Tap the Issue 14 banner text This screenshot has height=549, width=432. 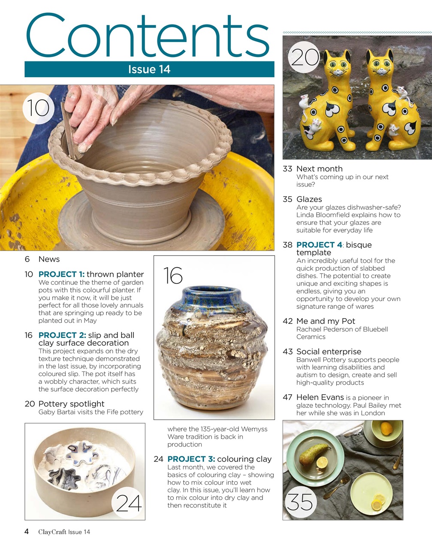tap(149, 69)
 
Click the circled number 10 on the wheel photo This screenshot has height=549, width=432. tap(38, 108)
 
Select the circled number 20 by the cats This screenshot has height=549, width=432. tap(304, 57)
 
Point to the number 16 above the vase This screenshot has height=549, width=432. tap(173, 275)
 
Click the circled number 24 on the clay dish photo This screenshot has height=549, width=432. tap(129, 503)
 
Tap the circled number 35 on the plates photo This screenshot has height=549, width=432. tap(300, 501)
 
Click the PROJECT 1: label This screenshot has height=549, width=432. tap(61, 274)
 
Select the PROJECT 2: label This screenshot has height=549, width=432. tap(62, 335)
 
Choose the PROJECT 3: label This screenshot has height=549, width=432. tap(191, 459)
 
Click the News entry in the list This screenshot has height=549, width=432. tap(49, 259)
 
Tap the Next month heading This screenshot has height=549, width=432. tap(319, 169)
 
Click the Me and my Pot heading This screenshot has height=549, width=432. tap(326, 321)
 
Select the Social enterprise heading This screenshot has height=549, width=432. tap(329, 352)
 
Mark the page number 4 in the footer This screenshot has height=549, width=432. tap(27, 532)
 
